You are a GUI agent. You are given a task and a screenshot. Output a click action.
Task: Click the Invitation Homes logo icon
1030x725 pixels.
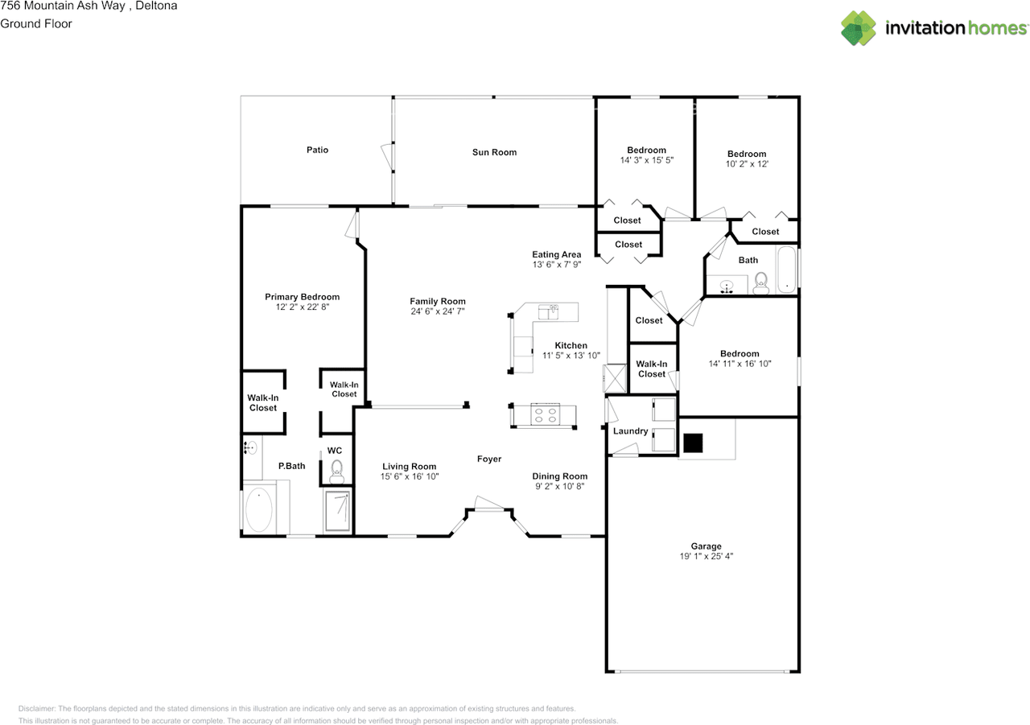pyautogui.click(x=859, y=28)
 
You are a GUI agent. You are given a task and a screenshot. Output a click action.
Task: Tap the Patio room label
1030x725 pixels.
pyautogui.click(x=317, y=150)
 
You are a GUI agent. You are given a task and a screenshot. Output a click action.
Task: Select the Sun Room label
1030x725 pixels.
pyautogui.click(x=494, y=152)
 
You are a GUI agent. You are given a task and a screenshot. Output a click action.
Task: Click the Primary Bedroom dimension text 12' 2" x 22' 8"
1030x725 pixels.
pyautogui.click(x=303, y=307)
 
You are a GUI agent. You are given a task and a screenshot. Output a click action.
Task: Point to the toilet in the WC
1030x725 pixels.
pyautogui.click(x=337, y=468)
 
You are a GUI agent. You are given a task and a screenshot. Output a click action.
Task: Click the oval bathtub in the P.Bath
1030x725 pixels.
pyautogui.click(x=258, y=509)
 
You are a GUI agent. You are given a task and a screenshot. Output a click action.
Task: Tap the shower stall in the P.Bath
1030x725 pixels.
pyautogui.click(x=337, y=511)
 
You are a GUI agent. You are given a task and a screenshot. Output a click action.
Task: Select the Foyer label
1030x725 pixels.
pyautogui.click(x=489, y=459)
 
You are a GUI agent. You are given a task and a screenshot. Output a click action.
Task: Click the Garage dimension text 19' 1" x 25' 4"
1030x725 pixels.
pyautogui.click(x=706, y=557)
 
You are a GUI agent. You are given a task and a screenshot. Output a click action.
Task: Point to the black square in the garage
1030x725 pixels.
pyautogui.click(x=693, y=443)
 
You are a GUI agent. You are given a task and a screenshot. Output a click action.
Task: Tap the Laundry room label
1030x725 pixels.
pyautogui.click(x=630, y=431)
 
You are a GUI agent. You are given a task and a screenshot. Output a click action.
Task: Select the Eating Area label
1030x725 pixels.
pyautogui.click(x=556, y=255)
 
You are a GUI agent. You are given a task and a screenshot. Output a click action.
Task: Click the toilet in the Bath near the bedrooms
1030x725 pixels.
pyautogui.click(x=760, y=282)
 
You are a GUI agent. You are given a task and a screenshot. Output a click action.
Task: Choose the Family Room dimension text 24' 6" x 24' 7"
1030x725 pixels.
pyautogui.click(x=437, y=311)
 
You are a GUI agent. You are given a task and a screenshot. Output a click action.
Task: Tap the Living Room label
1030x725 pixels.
pyautogui.click(x=409, y=467)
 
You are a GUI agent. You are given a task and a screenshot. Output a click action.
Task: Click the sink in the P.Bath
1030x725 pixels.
pyautogui.click(x=250, y=447)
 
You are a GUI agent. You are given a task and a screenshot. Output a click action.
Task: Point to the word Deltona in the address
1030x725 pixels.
pyautogui.click(x=156, y=6)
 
